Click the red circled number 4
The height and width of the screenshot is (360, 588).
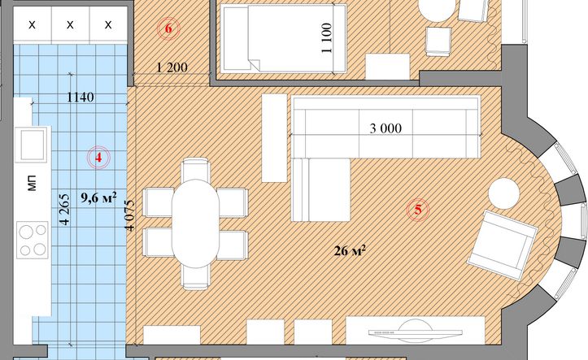[98, 158]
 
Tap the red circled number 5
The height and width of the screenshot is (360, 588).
[418, 210]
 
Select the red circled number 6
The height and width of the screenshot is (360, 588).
[168, 28]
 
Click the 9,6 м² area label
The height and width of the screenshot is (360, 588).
[98, 197]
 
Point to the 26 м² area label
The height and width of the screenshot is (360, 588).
[350, 250]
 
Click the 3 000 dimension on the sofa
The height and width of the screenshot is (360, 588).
[385, 128]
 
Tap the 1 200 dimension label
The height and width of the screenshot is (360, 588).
[172, 67]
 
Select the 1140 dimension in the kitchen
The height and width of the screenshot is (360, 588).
[81, 98]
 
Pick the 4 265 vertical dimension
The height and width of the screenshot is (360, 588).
[64, 209]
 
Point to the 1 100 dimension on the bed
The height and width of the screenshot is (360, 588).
[327, 38]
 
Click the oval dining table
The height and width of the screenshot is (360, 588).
[195, 223]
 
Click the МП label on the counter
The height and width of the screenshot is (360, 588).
[33, 183]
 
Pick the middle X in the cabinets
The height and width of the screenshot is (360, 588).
[70, 25]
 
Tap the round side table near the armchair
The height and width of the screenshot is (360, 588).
[504, 193]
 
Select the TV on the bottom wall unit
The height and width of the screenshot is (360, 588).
[415, 332]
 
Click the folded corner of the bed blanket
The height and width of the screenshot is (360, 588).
[254, 63]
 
